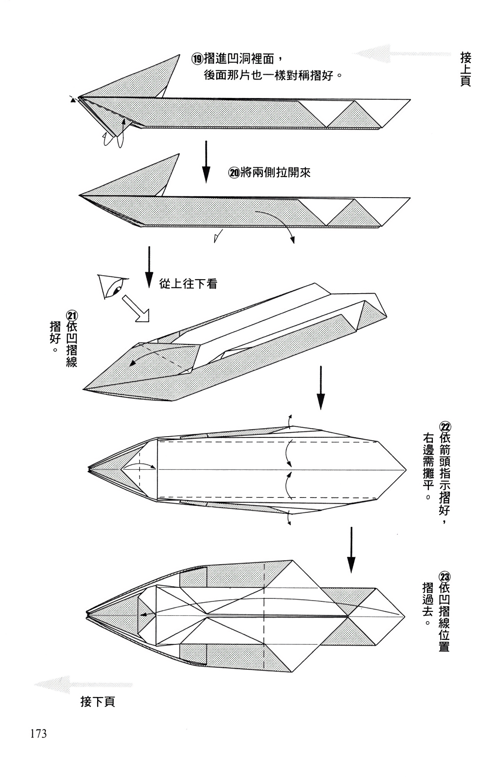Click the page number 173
click(x=38, y=734)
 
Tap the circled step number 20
click(x=234, y=173)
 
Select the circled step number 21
click(x=72, y=316)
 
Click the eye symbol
click(x=113, y=286)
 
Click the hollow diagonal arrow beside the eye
click(x=136, y=308)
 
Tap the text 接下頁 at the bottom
click(x=98, y=702)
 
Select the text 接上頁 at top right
click(x=466, y=70)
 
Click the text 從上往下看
click(x=188, y=284)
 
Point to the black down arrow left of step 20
click(x=206, y=162)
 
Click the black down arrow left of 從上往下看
click(x=149, y=267)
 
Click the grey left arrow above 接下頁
click(x=84, y=685)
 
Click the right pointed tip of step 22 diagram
click(x=406, y=469)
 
